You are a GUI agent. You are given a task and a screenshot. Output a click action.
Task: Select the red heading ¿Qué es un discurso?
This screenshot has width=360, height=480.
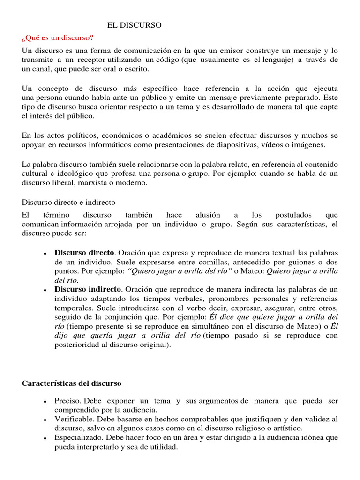(58, 37)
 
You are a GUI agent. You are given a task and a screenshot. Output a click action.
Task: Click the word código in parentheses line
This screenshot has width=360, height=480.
(172, 60)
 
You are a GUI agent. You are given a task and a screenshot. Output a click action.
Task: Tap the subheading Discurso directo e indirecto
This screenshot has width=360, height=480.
(68, 202)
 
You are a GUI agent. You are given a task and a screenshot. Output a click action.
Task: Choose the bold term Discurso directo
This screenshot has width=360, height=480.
(84, 253)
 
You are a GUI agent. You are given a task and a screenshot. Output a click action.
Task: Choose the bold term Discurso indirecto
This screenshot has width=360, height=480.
(88, 289)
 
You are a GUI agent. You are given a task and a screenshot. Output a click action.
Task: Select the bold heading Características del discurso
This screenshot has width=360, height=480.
(72, 383)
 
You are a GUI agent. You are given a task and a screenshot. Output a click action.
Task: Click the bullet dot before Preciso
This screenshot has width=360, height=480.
(44, 402)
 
